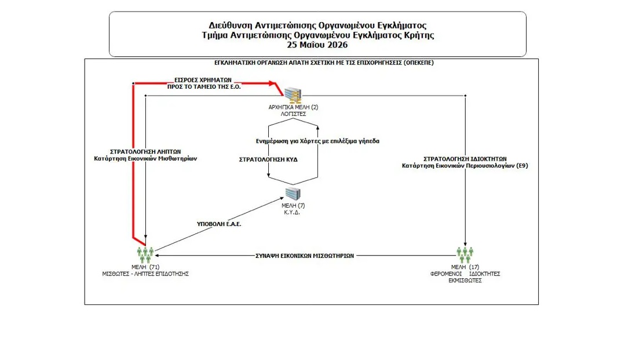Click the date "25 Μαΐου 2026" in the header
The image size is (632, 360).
point(317,45)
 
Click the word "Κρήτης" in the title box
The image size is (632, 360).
point(420,35)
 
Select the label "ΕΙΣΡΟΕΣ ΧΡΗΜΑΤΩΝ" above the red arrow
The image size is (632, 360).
point(203,80)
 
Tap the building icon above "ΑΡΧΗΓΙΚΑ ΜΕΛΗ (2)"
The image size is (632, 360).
point(293,95)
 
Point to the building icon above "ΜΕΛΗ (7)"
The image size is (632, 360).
point(293,194)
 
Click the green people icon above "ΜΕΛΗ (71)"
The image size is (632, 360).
point(145,254)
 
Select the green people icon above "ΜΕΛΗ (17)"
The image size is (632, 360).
point(465,254)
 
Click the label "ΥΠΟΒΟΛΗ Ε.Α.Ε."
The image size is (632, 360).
point(219,224)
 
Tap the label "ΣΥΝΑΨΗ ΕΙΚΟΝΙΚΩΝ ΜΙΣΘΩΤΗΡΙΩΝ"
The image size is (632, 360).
point(305,256)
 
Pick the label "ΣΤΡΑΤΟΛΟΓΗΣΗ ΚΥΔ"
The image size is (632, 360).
point(268,159)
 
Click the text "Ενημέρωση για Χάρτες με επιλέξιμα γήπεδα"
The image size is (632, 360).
point(317,141)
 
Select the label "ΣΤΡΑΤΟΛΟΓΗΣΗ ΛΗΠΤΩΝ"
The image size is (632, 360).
point(145,151)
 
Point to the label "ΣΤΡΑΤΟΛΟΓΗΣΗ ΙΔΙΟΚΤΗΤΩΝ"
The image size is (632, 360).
point(465,159)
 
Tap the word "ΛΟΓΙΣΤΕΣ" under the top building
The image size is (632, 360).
point(294,114)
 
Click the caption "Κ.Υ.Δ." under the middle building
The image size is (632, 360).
point(292,212)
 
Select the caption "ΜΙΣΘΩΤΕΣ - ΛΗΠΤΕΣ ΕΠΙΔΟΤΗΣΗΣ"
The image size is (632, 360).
point(145,274)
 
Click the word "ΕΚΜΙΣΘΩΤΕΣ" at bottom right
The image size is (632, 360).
point(465,281)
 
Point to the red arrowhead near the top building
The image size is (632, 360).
point(273,83)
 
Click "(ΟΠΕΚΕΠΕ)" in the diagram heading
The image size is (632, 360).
point(419,63)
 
